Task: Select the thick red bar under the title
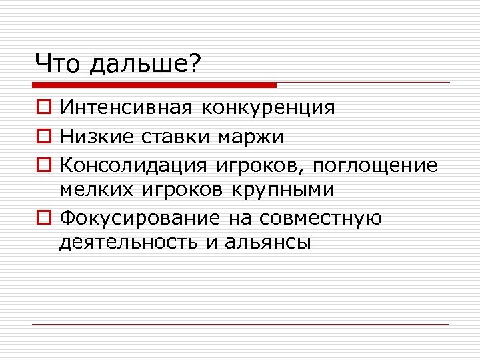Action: pos(155,85)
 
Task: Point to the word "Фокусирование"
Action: pos(140,218)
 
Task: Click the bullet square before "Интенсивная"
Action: pos(42,108)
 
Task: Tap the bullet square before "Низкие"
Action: pos(42,137)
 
